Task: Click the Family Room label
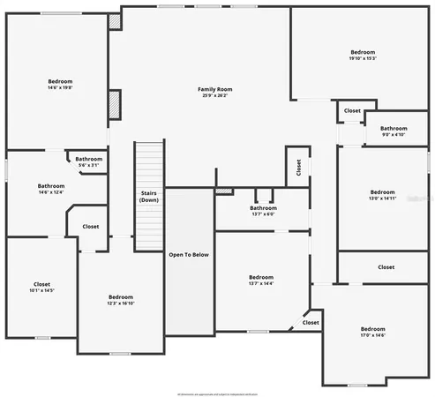tap(214, 89)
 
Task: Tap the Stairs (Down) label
tap(149, 196)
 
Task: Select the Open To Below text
tap(189, 255)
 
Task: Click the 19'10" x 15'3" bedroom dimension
tap(363, 59)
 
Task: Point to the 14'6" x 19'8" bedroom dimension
tap(59, 88)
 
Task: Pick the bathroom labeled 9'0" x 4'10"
tap(394, 131)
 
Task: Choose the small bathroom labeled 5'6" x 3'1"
tap(88, 162)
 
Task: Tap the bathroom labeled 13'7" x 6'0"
tap(263, 211)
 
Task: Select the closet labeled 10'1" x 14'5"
tap(42, 287)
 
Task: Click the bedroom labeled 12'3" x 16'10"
tap(121, 300)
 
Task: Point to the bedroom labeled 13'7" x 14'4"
tap(261, 280)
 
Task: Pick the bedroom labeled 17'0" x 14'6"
tap(373, 332)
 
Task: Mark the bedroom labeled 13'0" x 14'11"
tap(382, 195)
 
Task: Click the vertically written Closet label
tap(298, 167)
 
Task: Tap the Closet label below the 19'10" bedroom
tap(352, 111)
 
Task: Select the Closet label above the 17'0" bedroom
tap(386, 266)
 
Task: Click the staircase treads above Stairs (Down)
tap(149, 163)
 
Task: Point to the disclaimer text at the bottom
tap(217, 393)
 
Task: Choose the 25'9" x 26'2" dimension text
tap(214, 95)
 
